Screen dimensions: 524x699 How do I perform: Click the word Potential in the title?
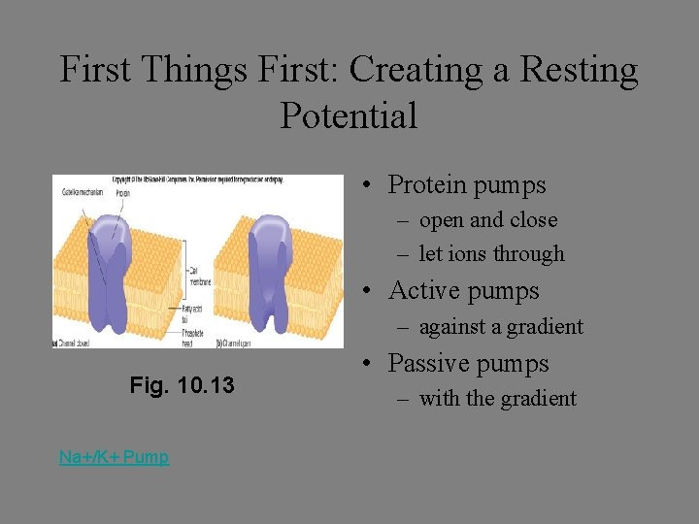(349, 115)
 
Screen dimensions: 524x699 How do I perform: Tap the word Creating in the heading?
(415, 70)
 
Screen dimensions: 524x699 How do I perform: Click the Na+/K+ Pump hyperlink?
(114, 457)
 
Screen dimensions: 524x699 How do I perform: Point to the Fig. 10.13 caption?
(182, 385)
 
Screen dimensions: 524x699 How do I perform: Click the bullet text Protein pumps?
(466, 184)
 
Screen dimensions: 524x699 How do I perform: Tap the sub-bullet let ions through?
(491, 254)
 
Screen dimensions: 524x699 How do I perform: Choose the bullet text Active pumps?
(463, 290)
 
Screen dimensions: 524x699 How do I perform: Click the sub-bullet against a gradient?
(500, 327)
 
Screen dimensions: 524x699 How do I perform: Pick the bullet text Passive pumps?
(468, 364)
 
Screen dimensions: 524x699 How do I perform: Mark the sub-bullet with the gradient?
(497, 399)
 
